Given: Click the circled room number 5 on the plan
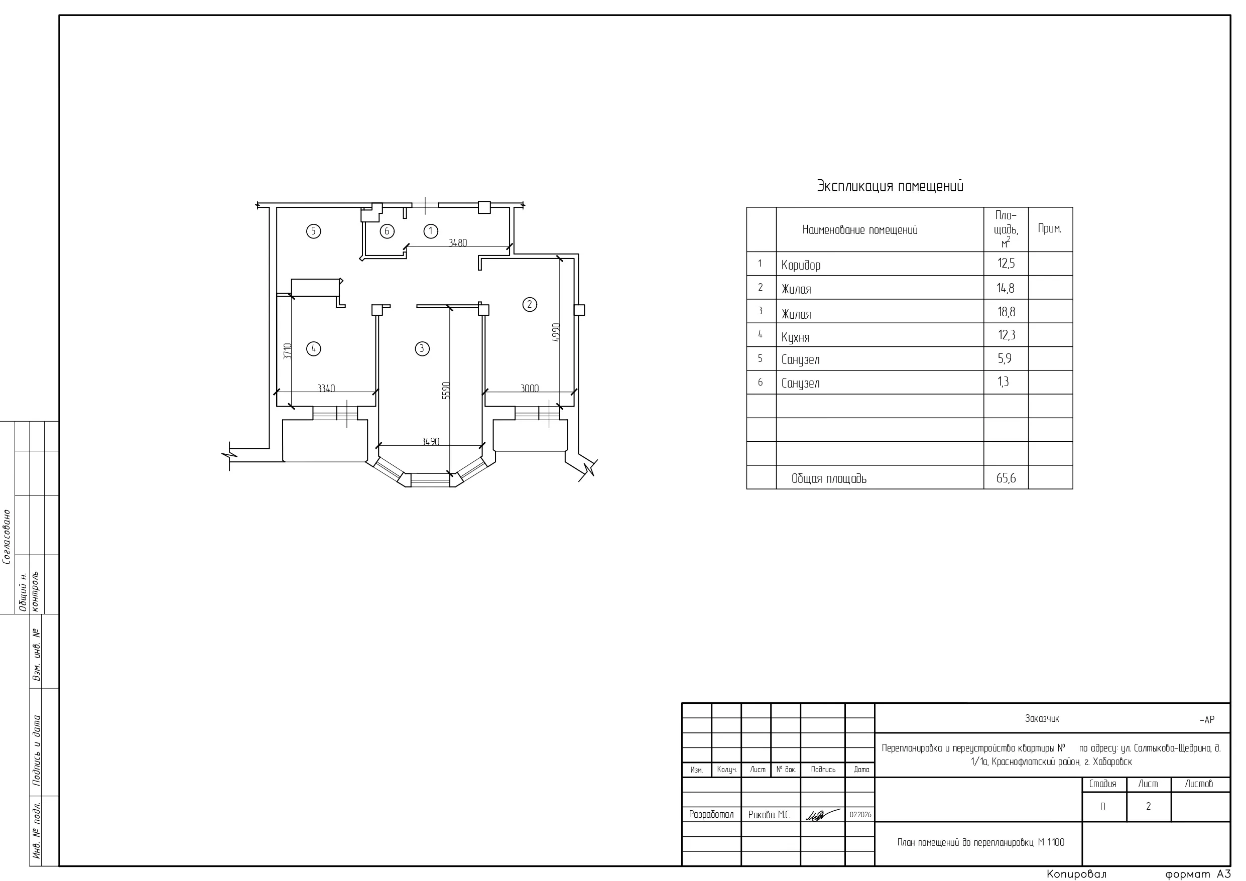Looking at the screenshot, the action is [313, 231].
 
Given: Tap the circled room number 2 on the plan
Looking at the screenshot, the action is [530, 304].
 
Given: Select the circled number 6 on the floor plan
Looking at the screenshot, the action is [387, 231].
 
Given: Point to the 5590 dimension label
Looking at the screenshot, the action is [446, 390].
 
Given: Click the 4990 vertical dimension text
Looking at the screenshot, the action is [555, 333].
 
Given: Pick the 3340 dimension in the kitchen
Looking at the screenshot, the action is [326, 388].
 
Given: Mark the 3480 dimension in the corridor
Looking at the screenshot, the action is [457, 242].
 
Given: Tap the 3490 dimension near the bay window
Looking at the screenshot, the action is [430, 441].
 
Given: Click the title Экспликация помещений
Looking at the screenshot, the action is [890, 186].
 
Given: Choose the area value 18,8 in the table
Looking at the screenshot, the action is [1006, 312].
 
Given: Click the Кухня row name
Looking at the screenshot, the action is [795, 338].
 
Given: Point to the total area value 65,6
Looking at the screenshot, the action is [1006, 478].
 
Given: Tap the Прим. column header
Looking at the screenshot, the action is [1050, 228].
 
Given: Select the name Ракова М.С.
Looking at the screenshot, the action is [769, 815].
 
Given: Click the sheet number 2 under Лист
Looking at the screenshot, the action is [1148, 807].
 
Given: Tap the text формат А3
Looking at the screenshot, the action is [1198, 874].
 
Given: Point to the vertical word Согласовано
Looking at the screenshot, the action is [7, 536].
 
